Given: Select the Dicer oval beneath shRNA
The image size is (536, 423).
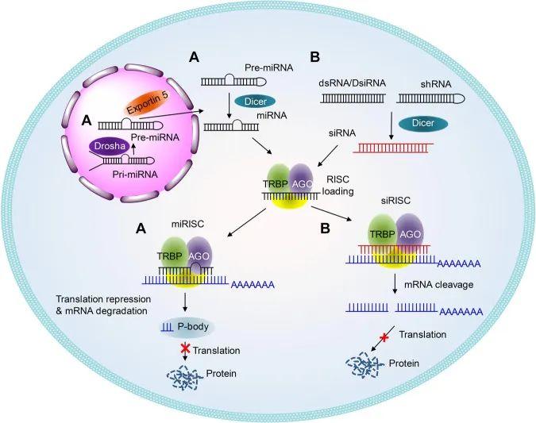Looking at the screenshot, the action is pyautogui.click(x=423, y=123).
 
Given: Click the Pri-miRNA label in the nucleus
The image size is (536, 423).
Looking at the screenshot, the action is pyautogui.click(x=135, y=175).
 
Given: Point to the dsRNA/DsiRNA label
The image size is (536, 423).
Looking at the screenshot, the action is pyautogui.click(x=352, y=83).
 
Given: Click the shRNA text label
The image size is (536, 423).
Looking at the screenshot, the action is pyautogui.click(x=436, y=84).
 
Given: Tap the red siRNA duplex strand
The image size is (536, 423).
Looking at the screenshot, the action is pyautogui.click(x=393, y=148).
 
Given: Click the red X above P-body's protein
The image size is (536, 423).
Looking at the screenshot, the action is pyautogui.click(x=185, y=349).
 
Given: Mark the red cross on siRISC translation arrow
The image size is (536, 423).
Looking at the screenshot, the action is pyautogui.click(x=384, y=338).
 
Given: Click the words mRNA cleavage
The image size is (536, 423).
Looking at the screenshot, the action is pyautogui.click(x=438, y=285).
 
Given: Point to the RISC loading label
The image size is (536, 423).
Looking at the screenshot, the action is pyautogui.click(x=338, y=185).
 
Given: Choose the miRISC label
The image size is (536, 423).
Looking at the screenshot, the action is pyautogui.click(x=187, y=224).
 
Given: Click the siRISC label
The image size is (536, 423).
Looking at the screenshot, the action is pyautogui.click(x=395, y=201).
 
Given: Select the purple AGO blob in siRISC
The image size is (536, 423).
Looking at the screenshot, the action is pyautogui.click(x=410, y=230).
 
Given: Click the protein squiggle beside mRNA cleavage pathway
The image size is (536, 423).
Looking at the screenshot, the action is pyautogui.click(x=363, y=367).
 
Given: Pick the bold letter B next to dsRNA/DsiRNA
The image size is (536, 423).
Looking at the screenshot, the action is pyautogui.click(x=314, y=57).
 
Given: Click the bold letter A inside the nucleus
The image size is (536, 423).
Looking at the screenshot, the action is pyautogui.click(x=87, y=121).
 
